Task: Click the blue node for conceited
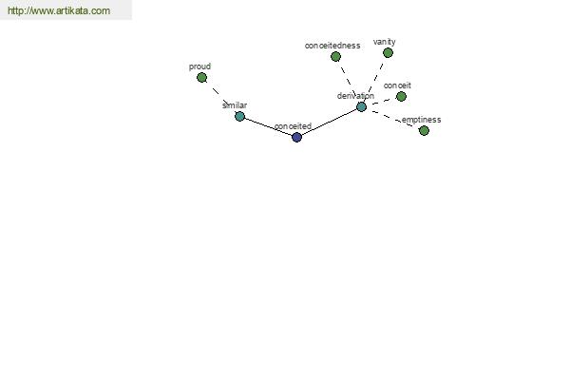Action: point(296,137)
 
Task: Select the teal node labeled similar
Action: point(239,116)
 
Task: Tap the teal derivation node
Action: point(361,106)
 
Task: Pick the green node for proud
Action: point(201,78)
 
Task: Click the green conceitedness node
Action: point(335,56)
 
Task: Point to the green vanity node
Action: point(388,53)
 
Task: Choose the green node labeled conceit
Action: point(401,96)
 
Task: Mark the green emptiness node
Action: point(424,130)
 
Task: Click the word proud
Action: point(199,66)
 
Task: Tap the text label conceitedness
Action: point(332,46)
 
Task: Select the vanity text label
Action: point(384,42)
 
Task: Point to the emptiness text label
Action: point(421,120)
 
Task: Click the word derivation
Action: point(355,96)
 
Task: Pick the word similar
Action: point(235,105)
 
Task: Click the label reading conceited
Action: point(293,126)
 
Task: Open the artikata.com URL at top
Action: point(59,10)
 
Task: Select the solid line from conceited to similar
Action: point(268,127)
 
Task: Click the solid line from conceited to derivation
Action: point(329,122)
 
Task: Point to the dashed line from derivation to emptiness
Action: point(392,119)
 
